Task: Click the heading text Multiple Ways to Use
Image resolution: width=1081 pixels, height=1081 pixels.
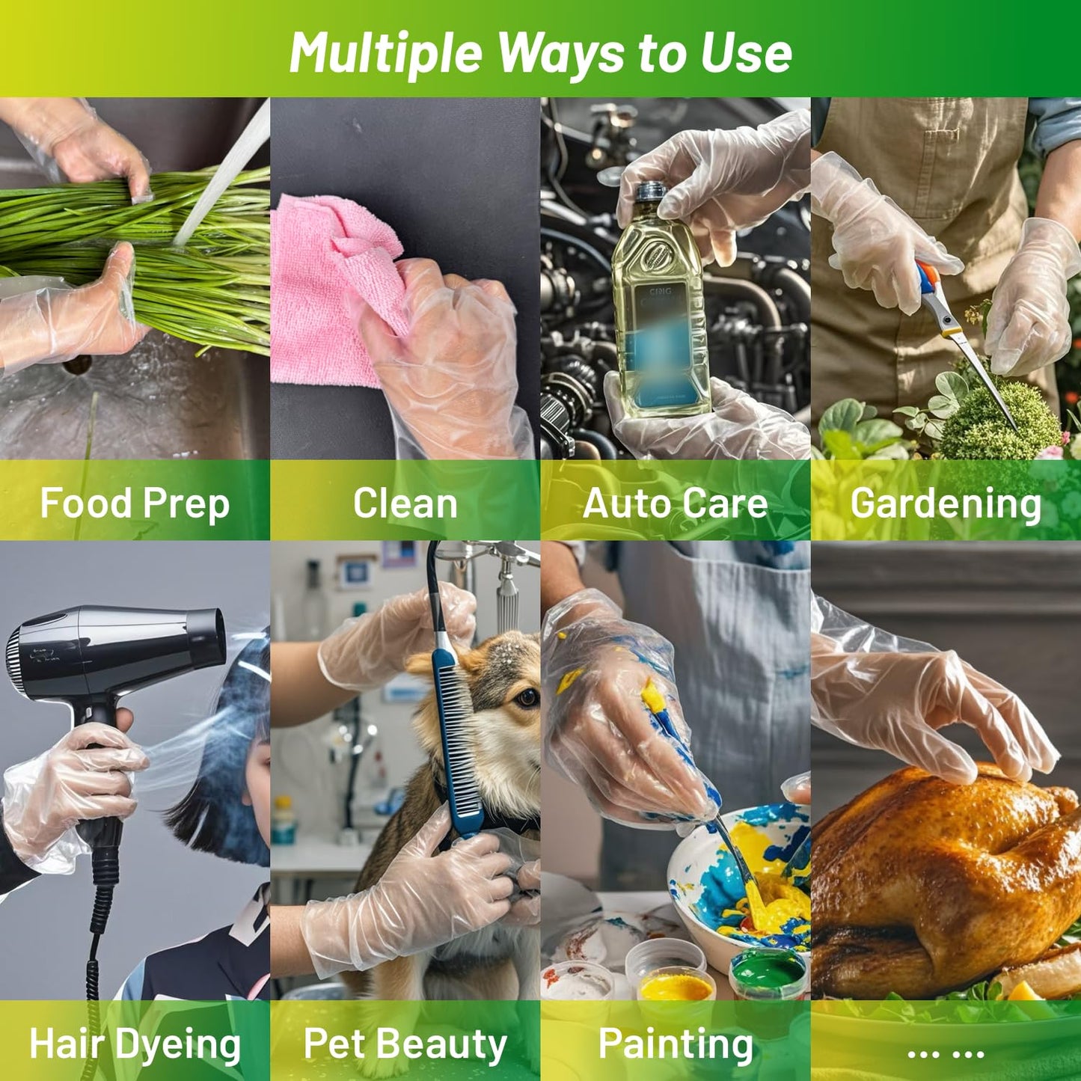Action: tap(540, 52)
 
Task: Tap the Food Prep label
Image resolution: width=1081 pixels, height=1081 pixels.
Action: tap(135, 503)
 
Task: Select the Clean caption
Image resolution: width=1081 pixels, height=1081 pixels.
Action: tap(405, 503)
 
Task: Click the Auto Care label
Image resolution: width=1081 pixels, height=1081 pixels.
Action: tap(675, 503)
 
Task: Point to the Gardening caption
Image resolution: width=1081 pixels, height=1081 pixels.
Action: tap(946, 504)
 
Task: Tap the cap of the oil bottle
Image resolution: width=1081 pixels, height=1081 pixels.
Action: tap(651, 193)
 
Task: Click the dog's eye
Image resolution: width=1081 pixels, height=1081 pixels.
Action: tap(526, 697)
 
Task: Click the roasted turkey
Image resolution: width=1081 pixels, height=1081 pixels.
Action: tap(948, 881)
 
